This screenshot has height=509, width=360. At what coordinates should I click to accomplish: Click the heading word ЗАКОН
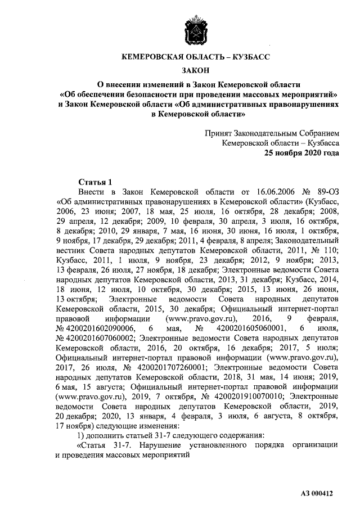pyautogui.click(x=196, y=70)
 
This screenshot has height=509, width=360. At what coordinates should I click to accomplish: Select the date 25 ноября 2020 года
pyautogui.click(x=302, y=153)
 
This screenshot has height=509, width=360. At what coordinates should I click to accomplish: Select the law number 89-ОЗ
pyautogui.click(x=326, y=192)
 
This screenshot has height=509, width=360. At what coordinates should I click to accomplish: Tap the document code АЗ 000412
pyautogui.click(x=317, y=493)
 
